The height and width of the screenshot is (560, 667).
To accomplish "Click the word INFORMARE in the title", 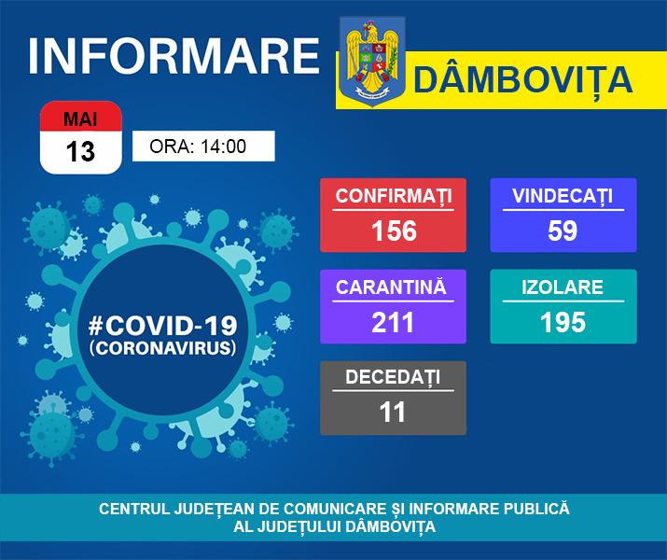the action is [174, 56].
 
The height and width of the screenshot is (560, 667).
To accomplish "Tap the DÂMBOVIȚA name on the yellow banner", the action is [522, 80].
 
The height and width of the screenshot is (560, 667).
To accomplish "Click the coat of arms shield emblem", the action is [372, 62].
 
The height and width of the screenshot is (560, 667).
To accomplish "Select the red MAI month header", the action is [81, 117].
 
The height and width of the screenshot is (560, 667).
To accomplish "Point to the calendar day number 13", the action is [80, 151].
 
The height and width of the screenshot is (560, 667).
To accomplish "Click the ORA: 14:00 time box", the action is [203, 146].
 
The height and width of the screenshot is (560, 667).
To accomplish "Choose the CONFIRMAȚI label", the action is [394, 196].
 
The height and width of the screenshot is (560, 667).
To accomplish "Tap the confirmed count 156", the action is [394, 231].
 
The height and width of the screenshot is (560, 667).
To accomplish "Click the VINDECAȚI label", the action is [563, 196].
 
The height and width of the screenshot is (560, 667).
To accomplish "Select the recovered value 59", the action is [563, 231].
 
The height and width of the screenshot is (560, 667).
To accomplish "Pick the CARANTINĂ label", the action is [391, 287].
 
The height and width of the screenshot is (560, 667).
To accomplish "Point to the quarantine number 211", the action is [393, 322].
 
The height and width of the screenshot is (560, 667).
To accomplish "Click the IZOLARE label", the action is [563, 287].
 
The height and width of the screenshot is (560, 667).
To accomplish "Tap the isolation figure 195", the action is [563, 322].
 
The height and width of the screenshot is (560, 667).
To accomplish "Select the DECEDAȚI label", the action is [393, 377].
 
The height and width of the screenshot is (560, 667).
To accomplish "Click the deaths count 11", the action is [392, 412].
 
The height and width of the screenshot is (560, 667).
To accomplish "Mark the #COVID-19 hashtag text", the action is [162, 326].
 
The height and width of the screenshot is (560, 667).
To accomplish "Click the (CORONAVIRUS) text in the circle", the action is [162, 347].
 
